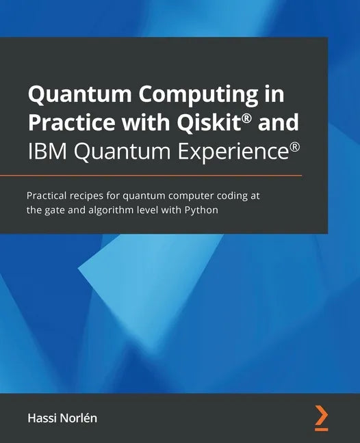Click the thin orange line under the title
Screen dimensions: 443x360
point(164,175)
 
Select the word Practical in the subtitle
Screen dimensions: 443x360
point(49,196)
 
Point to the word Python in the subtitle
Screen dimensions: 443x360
point(203,210)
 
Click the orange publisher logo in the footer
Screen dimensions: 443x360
point(321,418)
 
